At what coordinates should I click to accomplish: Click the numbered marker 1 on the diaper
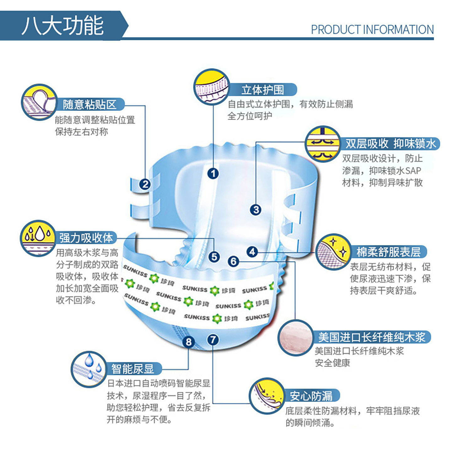[213, 174]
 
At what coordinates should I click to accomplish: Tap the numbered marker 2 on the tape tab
[145, 184]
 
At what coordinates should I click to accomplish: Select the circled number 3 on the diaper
[256, 210]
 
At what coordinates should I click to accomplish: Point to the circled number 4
[252, 252]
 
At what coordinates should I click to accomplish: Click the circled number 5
[214, 257]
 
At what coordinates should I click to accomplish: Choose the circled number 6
[234, 261]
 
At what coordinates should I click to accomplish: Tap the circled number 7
[213, 340]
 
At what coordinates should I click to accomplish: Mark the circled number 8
[188, 342]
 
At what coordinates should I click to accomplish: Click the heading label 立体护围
[263, 90]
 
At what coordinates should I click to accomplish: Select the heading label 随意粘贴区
[89, 105]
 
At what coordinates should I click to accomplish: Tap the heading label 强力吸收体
[86, 238]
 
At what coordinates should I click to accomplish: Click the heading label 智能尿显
[133, 369]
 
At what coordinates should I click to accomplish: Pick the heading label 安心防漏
[311, 395]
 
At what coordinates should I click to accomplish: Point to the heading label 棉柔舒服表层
[388, 252]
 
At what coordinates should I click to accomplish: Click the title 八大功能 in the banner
[63, 25]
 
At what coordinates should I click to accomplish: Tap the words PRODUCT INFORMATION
[372, 30]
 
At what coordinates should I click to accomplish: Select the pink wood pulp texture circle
[296, 337]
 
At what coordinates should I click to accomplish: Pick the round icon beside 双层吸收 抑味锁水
[323, 143]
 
